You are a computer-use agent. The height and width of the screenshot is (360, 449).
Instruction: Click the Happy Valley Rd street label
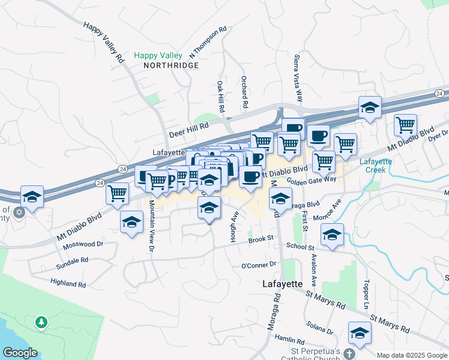pyautogui.click(x=104, y=43)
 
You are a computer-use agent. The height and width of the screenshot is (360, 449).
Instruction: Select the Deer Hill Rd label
pyautogui.click(x=188, y=127)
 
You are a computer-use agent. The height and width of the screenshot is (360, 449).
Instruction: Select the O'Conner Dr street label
pyautogui.click(x=258, y=264)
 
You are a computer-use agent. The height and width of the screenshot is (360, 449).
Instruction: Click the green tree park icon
pyautogui.click(x=41, y=322)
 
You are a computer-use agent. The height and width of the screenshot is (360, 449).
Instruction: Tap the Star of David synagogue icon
pyautogui.click(x=19, y=212)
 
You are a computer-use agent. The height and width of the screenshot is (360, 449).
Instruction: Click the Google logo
pyautogui.click(x=20, y=353)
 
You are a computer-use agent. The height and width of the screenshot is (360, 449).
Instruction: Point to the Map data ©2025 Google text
pyautogui.click(x=412, y=355)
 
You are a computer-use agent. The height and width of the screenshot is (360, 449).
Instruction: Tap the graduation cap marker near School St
pyautogui.click(x=332, y=234)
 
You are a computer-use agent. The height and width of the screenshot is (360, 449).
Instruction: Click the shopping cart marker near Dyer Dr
pyautogui.click(x=406, y=125)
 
